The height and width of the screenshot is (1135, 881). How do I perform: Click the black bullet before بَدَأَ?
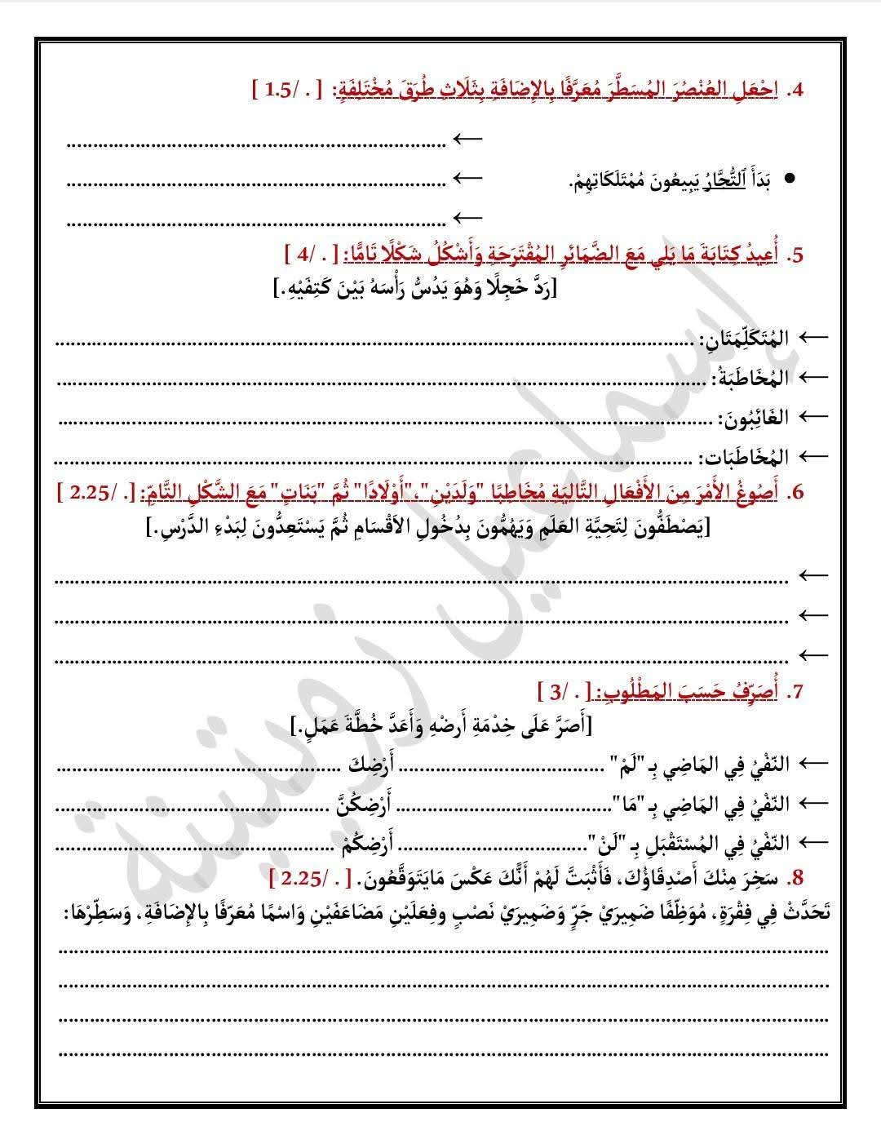(x=789, y=180)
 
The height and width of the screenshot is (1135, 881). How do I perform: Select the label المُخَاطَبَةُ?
(x=750, y=377)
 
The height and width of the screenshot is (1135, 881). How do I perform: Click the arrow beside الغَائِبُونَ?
(x=812, y=417)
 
